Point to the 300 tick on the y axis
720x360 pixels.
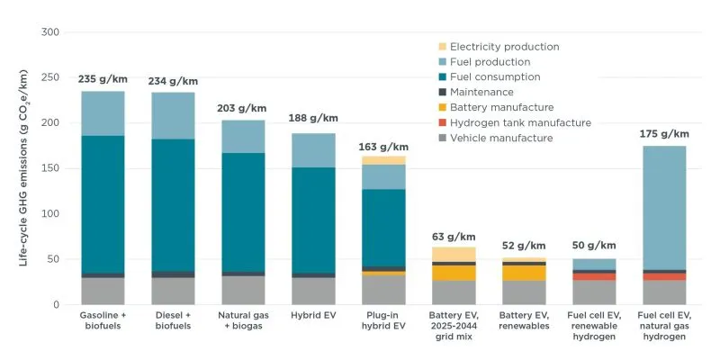50,32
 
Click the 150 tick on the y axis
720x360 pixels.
50,168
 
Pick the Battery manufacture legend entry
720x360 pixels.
502,107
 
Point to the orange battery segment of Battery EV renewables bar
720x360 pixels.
524,273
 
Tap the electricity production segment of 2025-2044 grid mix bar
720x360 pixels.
454,254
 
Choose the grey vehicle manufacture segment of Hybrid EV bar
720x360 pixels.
313,291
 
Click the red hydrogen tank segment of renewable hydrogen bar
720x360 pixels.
594,276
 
